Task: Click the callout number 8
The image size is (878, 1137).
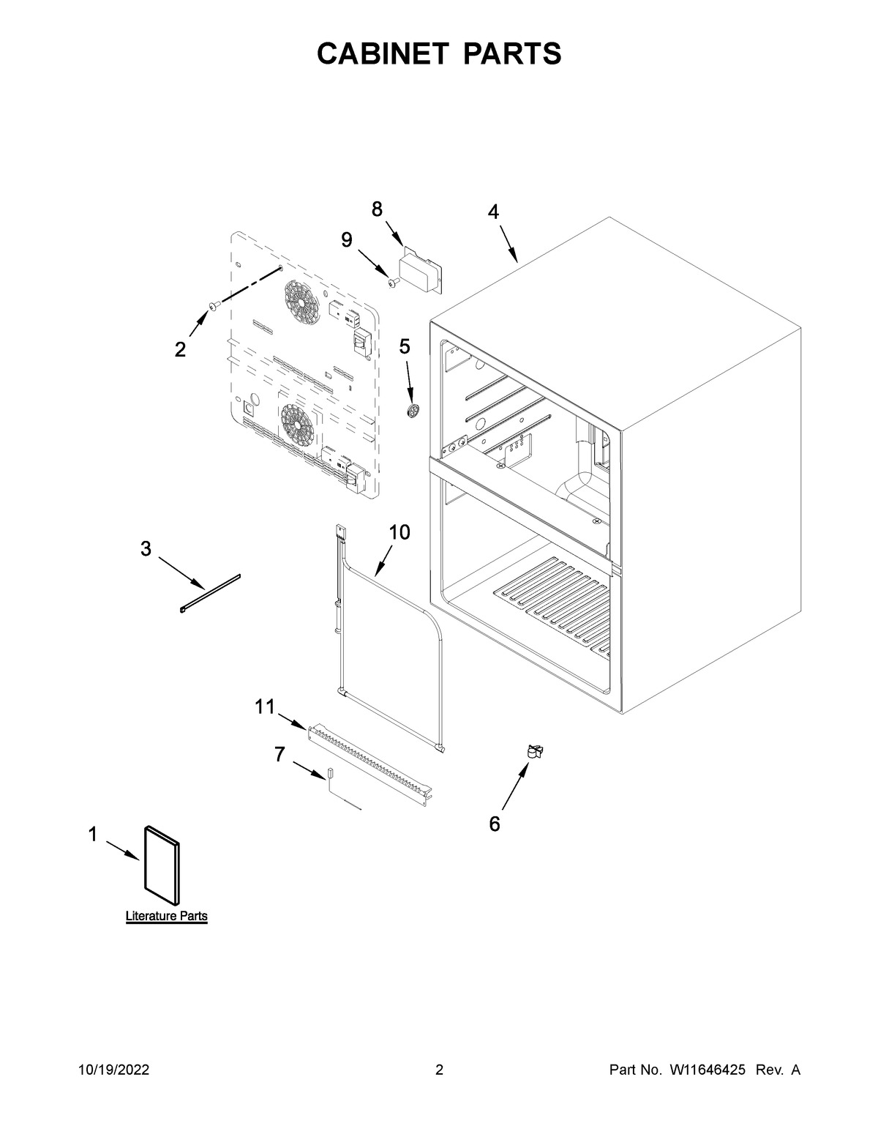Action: [377, 209]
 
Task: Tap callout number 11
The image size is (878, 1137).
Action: [264, 707]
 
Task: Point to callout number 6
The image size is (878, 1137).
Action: [495, 824]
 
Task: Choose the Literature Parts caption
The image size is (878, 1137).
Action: [166, 916]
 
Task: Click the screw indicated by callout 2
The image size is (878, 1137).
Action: [213, 306]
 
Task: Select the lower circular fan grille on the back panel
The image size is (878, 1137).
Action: [298, 425]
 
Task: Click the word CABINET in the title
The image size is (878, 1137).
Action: [383, 54]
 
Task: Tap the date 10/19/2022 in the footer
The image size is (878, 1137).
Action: [114, 1070]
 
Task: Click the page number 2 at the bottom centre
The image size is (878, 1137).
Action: [439, 1070]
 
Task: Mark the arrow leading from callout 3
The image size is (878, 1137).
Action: [181, 572]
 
